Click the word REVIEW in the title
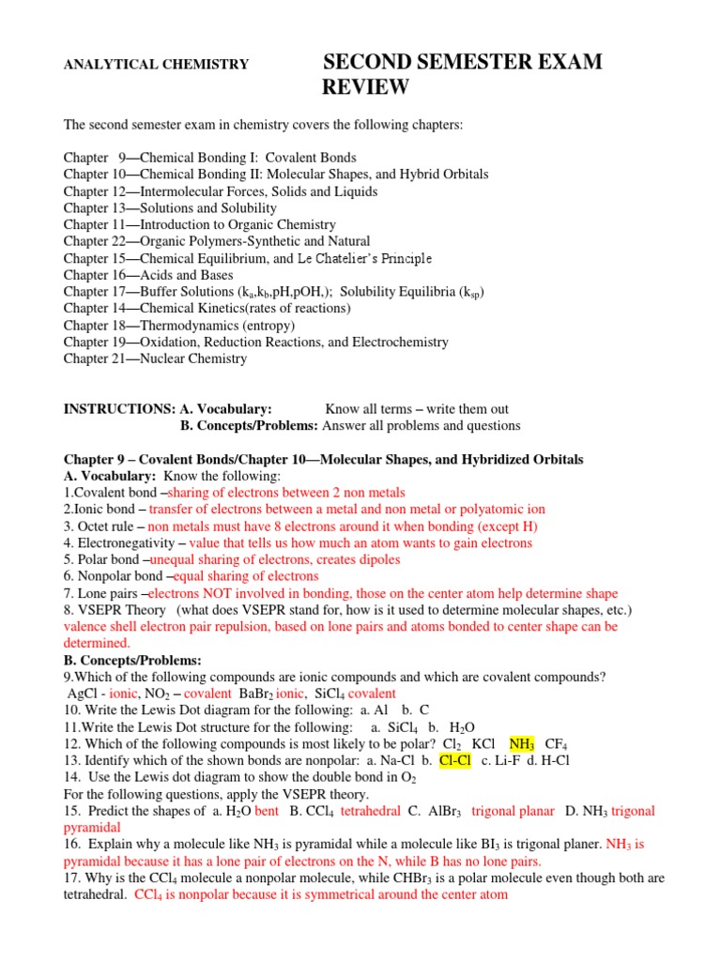click(366, 88)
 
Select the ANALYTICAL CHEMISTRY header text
click(156, 65)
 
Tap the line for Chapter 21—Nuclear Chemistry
click(156, 358)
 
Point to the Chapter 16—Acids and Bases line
click(136, 275)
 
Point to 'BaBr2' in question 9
click(262, 694)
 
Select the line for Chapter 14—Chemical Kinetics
click(207, 308)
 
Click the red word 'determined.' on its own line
click(97, 643)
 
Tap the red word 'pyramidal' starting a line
click(92, 828)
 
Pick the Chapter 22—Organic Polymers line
click(217, 241)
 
